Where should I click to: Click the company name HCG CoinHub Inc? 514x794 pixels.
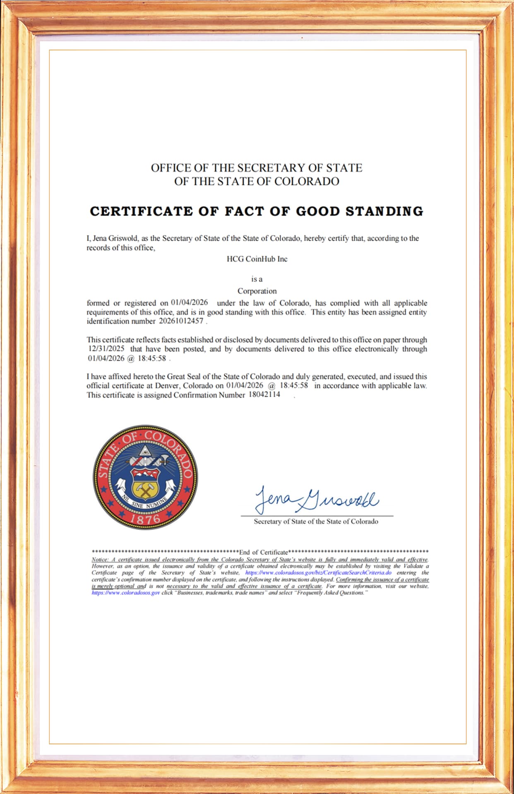click(x=257, y=259)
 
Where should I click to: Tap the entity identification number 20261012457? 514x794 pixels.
click(x=181, y=321)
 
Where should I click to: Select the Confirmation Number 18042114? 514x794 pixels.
click(x=264, y=395)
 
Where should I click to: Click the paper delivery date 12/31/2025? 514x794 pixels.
click(x=106, y=349)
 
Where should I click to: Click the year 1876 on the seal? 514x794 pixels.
click(x=145, y=519)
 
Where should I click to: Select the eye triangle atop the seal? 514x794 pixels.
click(x=145, y=450)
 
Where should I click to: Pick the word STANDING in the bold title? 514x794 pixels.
click(x=384, y=211)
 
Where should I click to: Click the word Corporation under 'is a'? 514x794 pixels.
click(x=257, y=291)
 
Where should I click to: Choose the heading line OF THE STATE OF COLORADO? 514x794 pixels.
click(x=257, y=182)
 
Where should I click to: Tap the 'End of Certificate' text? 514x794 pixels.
click(x=264, y=552)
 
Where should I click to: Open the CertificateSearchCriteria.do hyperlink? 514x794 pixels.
click(x=318, y=573)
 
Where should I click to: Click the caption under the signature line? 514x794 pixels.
click(x=316, y=521)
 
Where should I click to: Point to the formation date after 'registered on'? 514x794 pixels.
click(x=189, y=303)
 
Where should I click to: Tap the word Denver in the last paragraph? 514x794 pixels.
click(x=168, y=385)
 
